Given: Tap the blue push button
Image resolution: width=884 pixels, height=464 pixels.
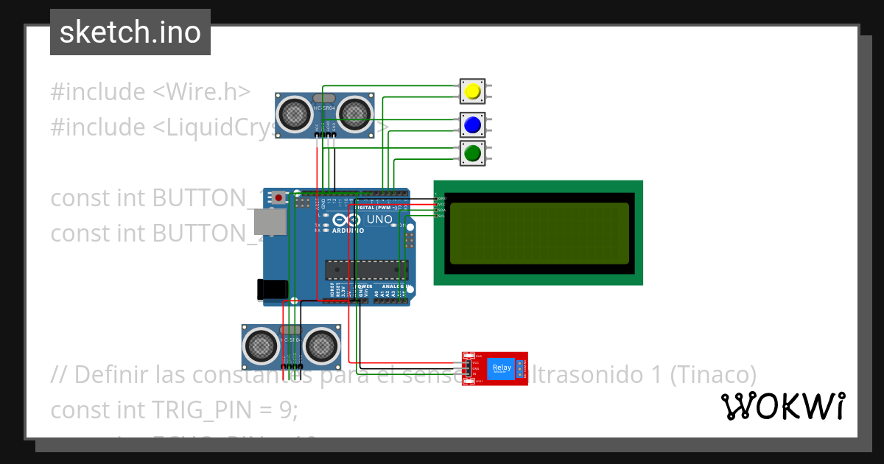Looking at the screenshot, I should [x=472, y=125].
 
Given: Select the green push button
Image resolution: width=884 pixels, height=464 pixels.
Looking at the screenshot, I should [x=472, y=153].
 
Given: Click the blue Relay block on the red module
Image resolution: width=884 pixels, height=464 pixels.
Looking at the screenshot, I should [x=501, y=368].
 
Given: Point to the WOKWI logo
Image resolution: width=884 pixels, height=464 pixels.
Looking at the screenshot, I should [x=782, y=407].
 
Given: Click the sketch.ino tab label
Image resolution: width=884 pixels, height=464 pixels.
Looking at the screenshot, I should [x=130, y=32].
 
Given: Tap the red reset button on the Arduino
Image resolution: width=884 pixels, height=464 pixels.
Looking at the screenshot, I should [x=279, y=198].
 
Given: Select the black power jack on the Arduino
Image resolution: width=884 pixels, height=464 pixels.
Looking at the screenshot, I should [x=270, y=289].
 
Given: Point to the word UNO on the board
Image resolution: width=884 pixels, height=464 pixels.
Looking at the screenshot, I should [x=379, y=219].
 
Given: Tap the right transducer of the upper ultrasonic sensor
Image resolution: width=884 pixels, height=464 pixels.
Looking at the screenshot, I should [x=356, y=113].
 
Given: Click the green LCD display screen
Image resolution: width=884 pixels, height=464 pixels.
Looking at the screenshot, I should [x=539, y=233].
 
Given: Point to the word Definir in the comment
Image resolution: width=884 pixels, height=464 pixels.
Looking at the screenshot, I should [x=112, y=374].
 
